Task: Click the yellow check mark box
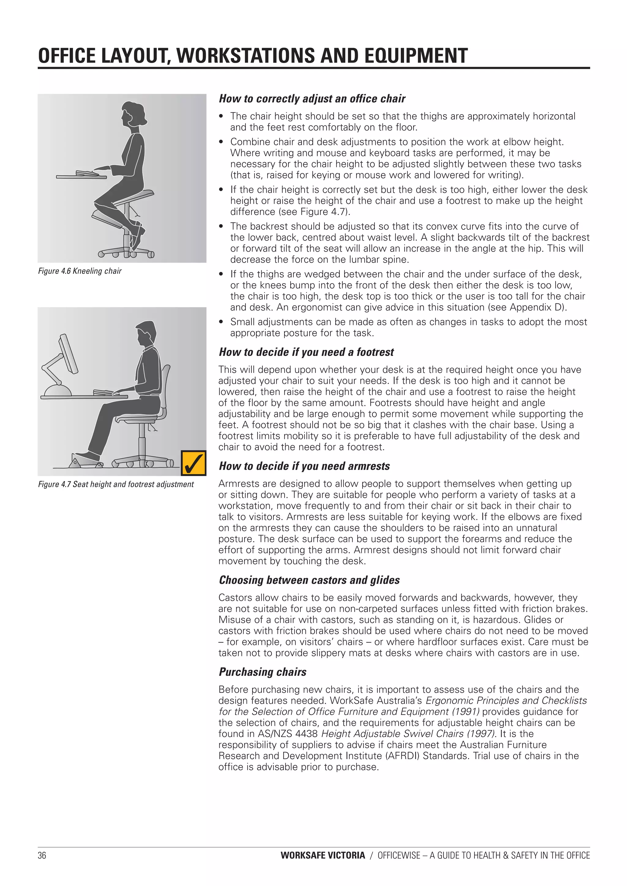pos(193,463)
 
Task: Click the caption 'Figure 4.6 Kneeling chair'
pos(80,271)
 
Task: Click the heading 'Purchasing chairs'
pos(262,672)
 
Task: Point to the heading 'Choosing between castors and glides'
pos(309,580)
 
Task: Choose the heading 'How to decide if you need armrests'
pos(304,466)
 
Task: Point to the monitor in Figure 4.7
pos(68,354)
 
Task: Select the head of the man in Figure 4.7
pos(146,333)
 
